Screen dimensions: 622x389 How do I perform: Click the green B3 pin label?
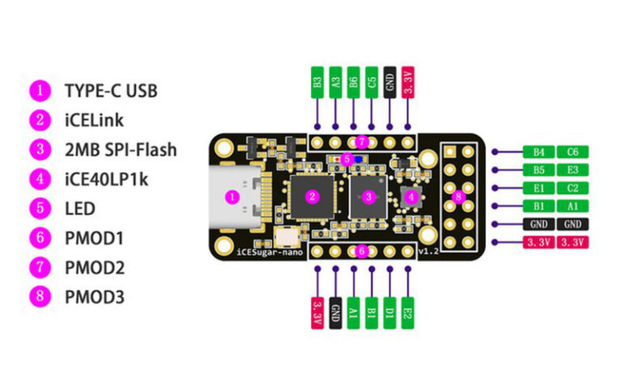coord(317,82)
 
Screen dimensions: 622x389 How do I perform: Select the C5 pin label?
coord(372,82)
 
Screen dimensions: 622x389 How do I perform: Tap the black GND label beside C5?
coord(390,82)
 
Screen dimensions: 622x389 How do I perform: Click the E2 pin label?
coord(408,313)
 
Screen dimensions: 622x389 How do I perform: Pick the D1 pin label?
coord(390,313)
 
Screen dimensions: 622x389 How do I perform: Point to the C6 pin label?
coord(573,152)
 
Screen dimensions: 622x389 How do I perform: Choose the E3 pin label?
coord(573,170)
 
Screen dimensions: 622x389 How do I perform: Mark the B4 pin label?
coord(539,152)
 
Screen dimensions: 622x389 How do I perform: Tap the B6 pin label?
coord(353,82)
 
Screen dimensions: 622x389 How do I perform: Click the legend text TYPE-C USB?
coord(111,91)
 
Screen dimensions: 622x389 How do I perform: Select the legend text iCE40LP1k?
coord(106,179)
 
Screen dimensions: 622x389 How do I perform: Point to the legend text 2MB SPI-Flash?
coord(121,150)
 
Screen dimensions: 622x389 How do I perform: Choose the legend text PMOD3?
coord(95,297)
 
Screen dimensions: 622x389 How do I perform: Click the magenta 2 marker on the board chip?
coord(312,196)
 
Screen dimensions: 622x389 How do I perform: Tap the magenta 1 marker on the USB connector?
coord(232,197)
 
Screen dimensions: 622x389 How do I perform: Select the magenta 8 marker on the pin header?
coord(458,196)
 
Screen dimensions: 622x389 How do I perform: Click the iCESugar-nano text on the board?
coord(270,252)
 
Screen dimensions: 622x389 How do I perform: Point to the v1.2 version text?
coord(428,251)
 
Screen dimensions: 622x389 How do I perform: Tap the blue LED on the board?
coord(359,159)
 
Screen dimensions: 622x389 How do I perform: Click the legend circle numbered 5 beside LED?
coord(40,208)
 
